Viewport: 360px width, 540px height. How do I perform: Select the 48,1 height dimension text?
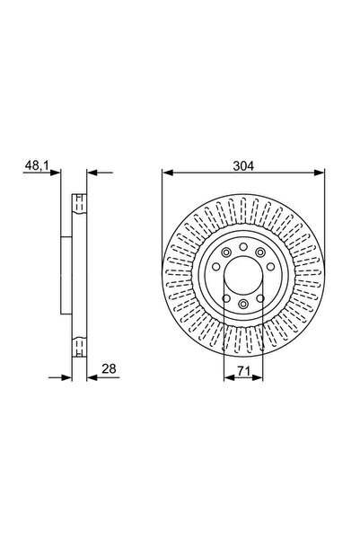[x=35, y=164]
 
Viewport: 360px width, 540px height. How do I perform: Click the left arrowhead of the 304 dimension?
[x=166, y=173]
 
